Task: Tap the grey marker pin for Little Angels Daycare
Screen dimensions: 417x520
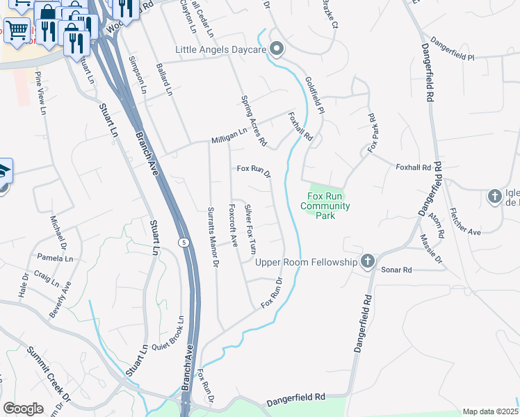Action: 276,49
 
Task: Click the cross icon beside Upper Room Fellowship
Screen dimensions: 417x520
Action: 368,261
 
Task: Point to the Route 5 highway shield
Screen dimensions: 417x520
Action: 183,242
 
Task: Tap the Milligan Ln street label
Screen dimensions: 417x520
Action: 229,134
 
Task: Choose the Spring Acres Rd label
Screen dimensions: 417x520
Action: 253,120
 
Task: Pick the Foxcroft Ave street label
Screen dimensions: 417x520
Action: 234,226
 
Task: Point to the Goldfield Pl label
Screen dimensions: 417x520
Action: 314,96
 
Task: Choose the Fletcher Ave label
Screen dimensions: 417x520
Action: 465,222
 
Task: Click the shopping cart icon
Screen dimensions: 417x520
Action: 19,29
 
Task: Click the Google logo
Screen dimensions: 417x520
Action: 23,408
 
